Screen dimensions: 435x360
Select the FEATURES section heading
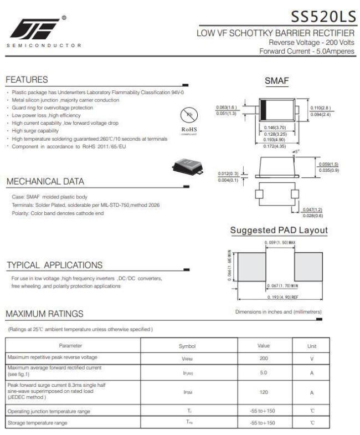tap(27, 80)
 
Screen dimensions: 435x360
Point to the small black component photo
tap(187, 164)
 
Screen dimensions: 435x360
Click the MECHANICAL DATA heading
tap(45, 181)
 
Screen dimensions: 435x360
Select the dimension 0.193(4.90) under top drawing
tap(275, 141)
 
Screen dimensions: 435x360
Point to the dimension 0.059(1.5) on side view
tap(328, 165)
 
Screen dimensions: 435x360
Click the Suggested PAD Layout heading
tap(279, 230)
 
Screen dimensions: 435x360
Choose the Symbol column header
tap(187, 345)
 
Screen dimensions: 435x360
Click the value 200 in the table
tap(264, 358)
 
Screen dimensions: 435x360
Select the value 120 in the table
tap(264, 392)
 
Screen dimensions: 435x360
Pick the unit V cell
tap(312, 358)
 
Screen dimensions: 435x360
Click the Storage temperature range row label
tap(38, 423)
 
